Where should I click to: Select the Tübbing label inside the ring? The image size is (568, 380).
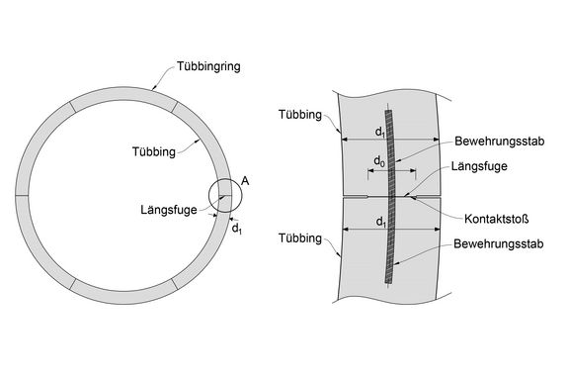tap(153, 151)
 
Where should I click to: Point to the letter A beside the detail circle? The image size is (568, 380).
tap(244, 181)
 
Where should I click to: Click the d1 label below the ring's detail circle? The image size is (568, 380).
tap(237, 229)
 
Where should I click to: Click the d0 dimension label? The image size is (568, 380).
tap(378, 160)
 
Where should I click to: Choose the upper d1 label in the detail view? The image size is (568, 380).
tap(380, 131)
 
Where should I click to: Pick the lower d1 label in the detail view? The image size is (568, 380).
tap(380, 224)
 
